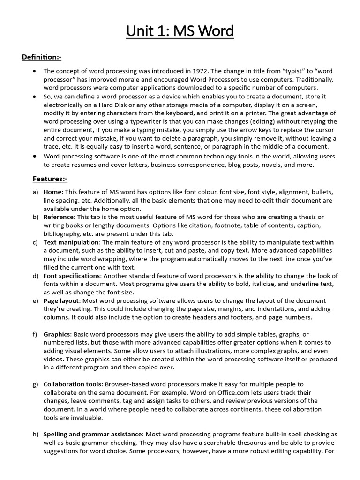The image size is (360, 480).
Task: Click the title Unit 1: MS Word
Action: [x=180, y=31]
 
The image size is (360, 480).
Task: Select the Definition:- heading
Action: [x=42, y=57]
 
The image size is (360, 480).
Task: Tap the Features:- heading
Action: [x=50, y=179]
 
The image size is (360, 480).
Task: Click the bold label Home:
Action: [x=53, y=192]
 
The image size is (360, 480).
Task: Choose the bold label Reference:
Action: [x=60, y=217]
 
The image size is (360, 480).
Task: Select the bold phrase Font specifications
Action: [x=72, y=276]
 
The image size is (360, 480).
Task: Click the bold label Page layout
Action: [x=61, y=301]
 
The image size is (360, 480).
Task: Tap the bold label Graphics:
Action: [x=58, y=334]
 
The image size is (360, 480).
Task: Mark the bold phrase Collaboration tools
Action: [x=72, y=384]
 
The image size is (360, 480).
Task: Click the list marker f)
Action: [x=35, y=334]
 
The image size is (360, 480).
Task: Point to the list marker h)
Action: [x=35, y=435]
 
